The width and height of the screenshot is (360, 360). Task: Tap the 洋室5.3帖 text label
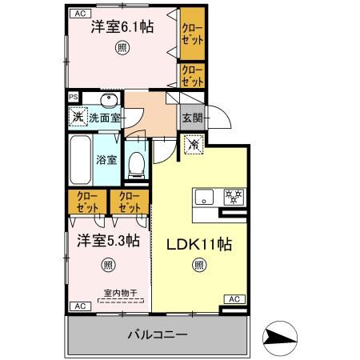[x=109, y=240]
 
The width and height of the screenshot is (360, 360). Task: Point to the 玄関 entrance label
[x=191, y=118]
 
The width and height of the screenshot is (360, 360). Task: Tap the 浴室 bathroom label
[x=106, y=158]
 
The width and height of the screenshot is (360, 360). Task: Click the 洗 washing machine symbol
[x=78, y=117]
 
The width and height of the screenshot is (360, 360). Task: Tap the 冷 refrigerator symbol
[x=193, y=146]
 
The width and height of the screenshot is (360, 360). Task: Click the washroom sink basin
[x=109, y=100]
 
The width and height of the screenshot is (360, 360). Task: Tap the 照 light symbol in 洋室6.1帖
[x=122, y=48]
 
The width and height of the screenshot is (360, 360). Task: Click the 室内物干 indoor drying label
[x=118, y=294]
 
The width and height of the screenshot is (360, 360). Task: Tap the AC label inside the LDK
[x=234, y=299]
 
